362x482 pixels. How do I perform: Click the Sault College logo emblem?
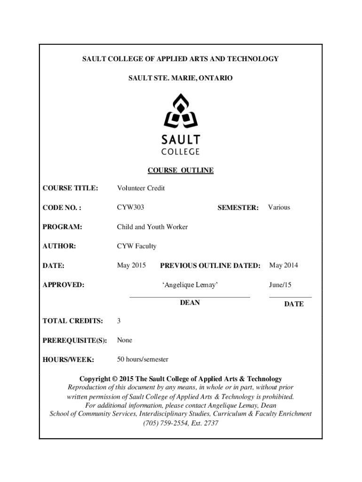(181, 113)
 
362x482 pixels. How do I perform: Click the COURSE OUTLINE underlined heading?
(181, 170)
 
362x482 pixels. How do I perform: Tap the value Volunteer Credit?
(141, 188)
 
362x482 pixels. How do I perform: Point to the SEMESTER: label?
(238, 208)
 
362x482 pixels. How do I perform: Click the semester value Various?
(279, 207)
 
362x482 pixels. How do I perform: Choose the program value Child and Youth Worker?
(152, 227)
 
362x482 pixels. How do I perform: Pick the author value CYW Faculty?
(137, 246)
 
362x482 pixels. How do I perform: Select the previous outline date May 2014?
(283, 265)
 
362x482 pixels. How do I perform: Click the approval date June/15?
(281, 285)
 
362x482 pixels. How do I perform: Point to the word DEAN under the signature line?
(190, 303)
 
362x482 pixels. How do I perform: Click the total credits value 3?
(119, 321)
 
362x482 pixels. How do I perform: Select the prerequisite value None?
(125, 340)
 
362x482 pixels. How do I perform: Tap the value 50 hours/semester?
(142, 360)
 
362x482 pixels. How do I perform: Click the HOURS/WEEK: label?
(68, 360)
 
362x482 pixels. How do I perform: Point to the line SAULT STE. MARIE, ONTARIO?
(181, 77)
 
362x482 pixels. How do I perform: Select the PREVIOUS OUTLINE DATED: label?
(210, 266)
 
